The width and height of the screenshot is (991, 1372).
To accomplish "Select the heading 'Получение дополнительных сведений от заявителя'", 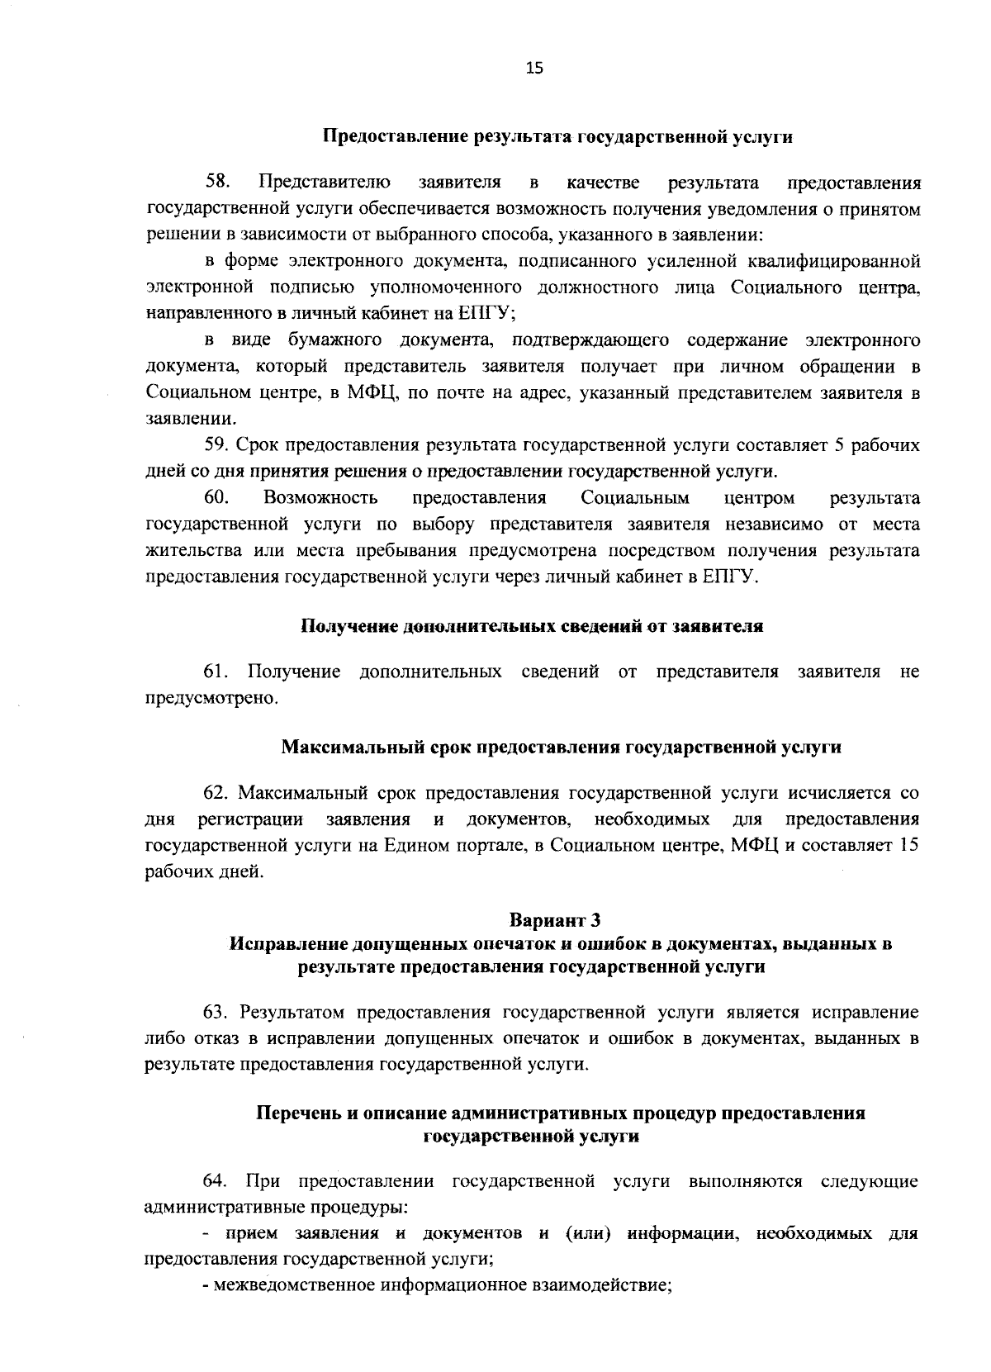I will pyautogui.click(x=531, y=626).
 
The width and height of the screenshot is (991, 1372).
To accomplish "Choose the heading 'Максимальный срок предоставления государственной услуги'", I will pyautogui.click(x=562, y=748).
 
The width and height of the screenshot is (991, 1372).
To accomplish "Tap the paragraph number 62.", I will pyautogui.click(x=218, y=794).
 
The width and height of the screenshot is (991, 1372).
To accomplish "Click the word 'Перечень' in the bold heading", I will pyautogui.click(x=297, y=1113).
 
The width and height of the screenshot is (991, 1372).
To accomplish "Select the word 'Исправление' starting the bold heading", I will pyautogui.click(x=287, y=943).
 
